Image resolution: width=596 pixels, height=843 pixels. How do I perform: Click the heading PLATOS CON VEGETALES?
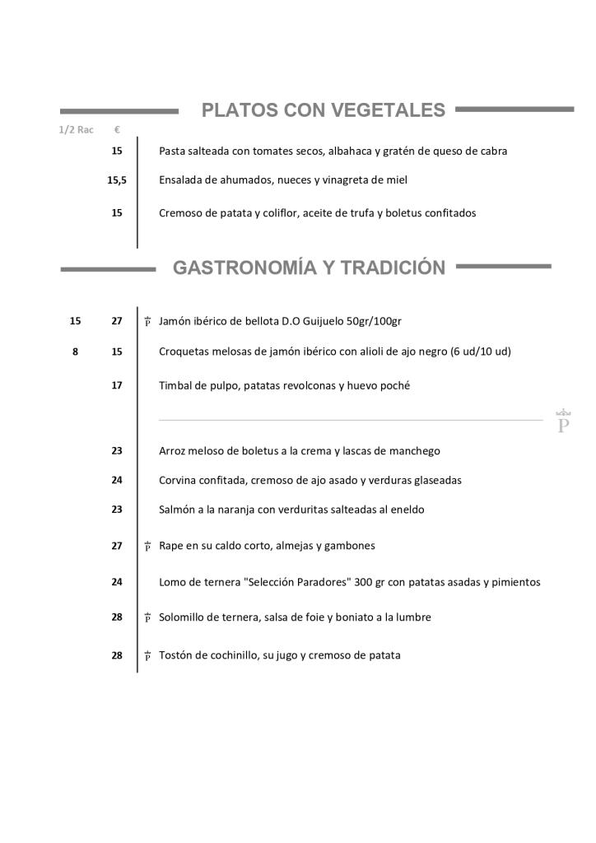click(x=324, y=110)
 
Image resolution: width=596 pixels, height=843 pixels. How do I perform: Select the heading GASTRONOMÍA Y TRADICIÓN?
click(x=309, y=268)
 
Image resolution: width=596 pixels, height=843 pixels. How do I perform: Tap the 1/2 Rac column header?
click(x=76, y=130)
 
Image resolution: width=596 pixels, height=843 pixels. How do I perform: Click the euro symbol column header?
click(x=117, y=130)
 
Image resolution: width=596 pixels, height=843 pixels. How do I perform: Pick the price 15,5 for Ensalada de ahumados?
click(x=117, y=179)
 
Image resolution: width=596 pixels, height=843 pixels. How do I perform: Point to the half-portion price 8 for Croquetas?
click(x=76, y=352)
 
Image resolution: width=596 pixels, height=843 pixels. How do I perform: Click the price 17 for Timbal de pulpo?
click(x=117, y=385)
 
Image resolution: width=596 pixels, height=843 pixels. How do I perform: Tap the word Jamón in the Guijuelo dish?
click(x=175, y=321)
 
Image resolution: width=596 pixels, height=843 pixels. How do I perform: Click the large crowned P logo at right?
click(x=564, y=421)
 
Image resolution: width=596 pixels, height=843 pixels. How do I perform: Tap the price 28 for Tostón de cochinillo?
click(x=117, y=655)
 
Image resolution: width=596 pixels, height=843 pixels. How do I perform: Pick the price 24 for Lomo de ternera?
click(x=117, y=582)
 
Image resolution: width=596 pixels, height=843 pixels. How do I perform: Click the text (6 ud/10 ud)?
click(x=481, y=352)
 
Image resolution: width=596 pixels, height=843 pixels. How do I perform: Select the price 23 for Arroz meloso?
click(x=117, y=451)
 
